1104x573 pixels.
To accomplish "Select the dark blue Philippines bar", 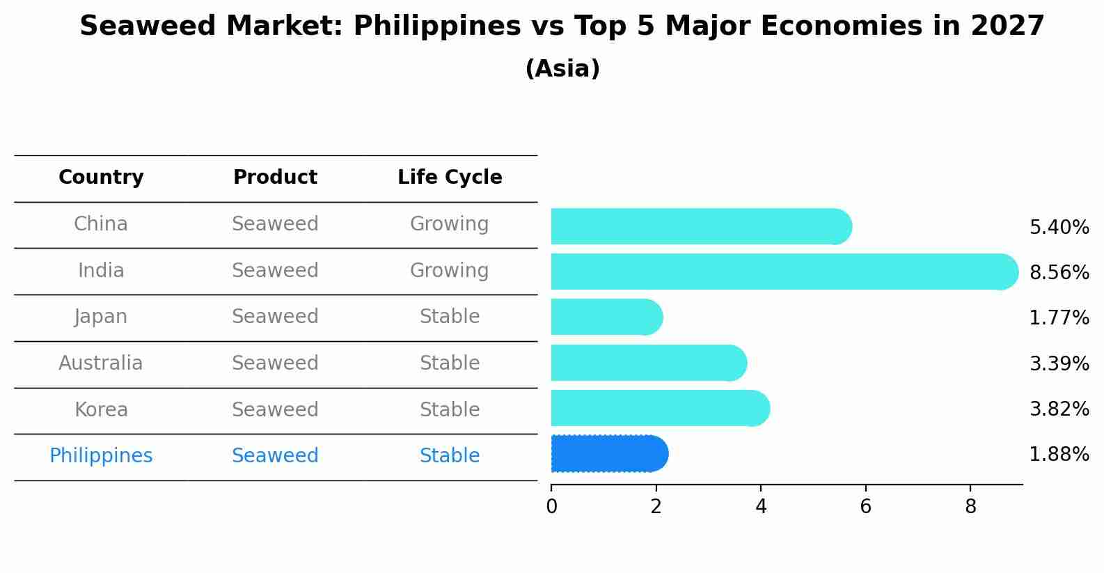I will (609, 454).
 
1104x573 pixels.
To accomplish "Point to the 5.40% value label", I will (1059, 228).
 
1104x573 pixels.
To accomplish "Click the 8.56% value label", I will (1059, 272).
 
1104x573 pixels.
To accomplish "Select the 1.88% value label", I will (1059, 455).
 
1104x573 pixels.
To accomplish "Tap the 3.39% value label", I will (1059, 363).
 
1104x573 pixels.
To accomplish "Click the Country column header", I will (101, 178).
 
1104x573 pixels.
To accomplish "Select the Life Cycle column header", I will (450, 178).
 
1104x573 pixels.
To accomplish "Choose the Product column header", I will (275, 178).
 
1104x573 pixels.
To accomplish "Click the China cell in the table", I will (101, 224).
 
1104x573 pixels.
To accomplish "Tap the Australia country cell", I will (101, 363).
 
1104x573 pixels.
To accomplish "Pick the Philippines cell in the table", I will (101, 456).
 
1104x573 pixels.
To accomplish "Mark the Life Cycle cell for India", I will (450, 270).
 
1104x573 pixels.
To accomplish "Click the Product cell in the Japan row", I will (275, 317).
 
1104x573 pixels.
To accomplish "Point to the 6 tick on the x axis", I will (865, 507).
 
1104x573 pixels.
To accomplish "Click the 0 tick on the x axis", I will (551, 507).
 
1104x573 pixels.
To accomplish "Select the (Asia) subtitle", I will (562, 69).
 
